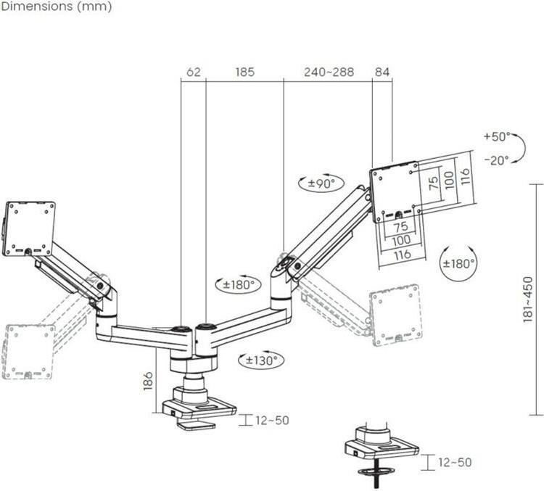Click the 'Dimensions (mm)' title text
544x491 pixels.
pos(57,7)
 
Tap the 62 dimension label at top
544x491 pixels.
pos(194,72)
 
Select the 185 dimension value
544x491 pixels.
pos(245,72)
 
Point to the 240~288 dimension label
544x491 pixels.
pos(329,72)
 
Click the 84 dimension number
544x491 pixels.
pos(382,72)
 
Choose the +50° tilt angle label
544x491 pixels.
pos(497,136)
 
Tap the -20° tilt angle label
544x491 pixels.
pos(497,160)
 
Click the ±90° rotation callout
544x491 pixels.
pos(321,183)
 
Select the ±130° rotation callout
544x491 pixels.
pos(261,360)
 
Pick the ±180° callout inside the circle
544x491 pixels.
pos(458,263)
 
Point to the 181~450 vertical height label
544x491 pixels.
pos(527,299)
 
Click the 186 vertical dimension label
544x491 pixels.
pos(148,381)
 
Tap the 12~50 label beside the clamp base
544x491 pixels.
pos(272,420)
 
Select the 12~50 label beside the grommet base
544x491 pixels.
pos(455,462)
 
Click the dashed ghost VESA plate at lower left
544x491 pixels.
pos(28,352)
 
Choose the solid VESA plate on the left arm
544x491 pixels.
pos(29,228)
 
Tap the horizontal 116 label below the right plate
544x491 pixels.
pos(403,255)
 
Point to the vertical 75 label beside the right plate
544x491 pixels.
pos(433,183)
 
